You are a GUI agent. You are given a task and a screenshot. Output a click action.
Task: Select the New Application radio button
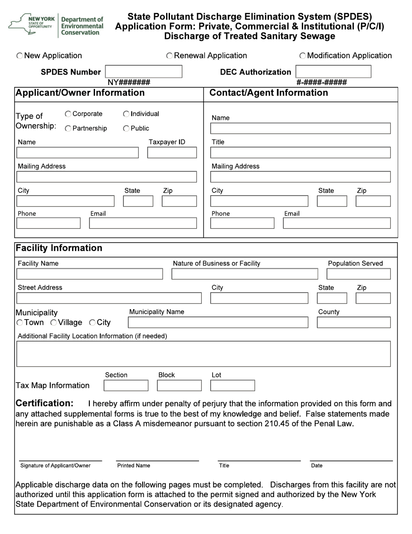pyautogui.click(x=20, y=56)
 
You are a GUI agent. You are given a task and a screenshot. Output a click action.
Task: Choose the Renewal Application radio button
pyautogui.click(x=170, y=56)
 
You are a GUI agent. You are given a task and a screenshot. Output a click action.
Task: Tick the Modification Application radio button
pyautogui.click(x=303, y=56)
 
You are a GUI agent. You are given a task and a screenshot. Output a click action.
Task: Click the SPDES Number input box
pyautogui.click(x=144, y=72)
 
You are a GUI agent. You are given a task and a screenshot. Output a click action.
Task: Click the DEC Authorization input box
pyautogui.click(x=333, y=72)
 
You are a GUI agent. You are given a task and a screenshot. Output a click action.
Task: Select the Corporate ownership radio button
pyautogui.click(x=68, y=114)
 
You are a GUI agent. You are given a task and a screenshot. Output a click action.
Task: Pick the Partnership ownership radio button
pyautogui.click(x=68, y=129)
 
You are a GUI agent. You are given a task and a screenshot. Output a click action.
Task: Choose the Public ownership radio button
pyautogui.click(x=126, y=129)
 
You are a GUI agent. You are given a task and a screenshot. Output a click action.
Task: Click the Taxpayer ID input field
pyautogui.click(x=172, y=153)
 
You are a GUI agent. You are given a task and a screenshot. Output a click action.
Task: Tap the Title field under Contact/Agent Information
pyautogui.click(x=300, y=153)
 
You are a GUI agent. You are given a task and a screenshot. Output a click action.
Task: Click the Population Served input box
pyautogui.click(x=358, y=274)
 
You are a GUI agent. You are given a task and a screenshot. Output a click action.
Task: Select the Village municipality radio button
pyautogui.click(x=54, y=323)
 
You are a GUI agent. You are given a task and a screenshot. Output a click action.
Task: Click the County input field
pyautogui.click(x=353, y=323)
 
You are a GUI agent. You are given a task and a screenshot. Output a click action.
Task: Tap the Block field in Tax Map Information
pyautogui.click(x=179, y=386)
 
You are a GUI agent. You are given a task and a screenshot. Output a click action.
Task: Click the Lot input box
pyautogui.click(x=232, y=386)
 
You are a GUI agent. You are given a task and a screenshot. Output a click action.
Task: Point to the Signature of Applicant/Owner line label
pyautogui.click(x=56, y=466)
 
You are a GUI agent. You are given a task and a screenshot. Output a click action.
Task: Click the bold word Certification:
pyautogui.click(x=45, y=403)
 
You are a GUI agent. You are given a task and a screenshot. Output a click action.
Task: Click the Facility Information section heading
pyautogui.click(x=59, y=248)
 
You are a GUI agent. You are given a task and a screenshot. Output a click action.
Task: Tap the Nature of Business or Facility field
pyautogui.click(x=245, y=274)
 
